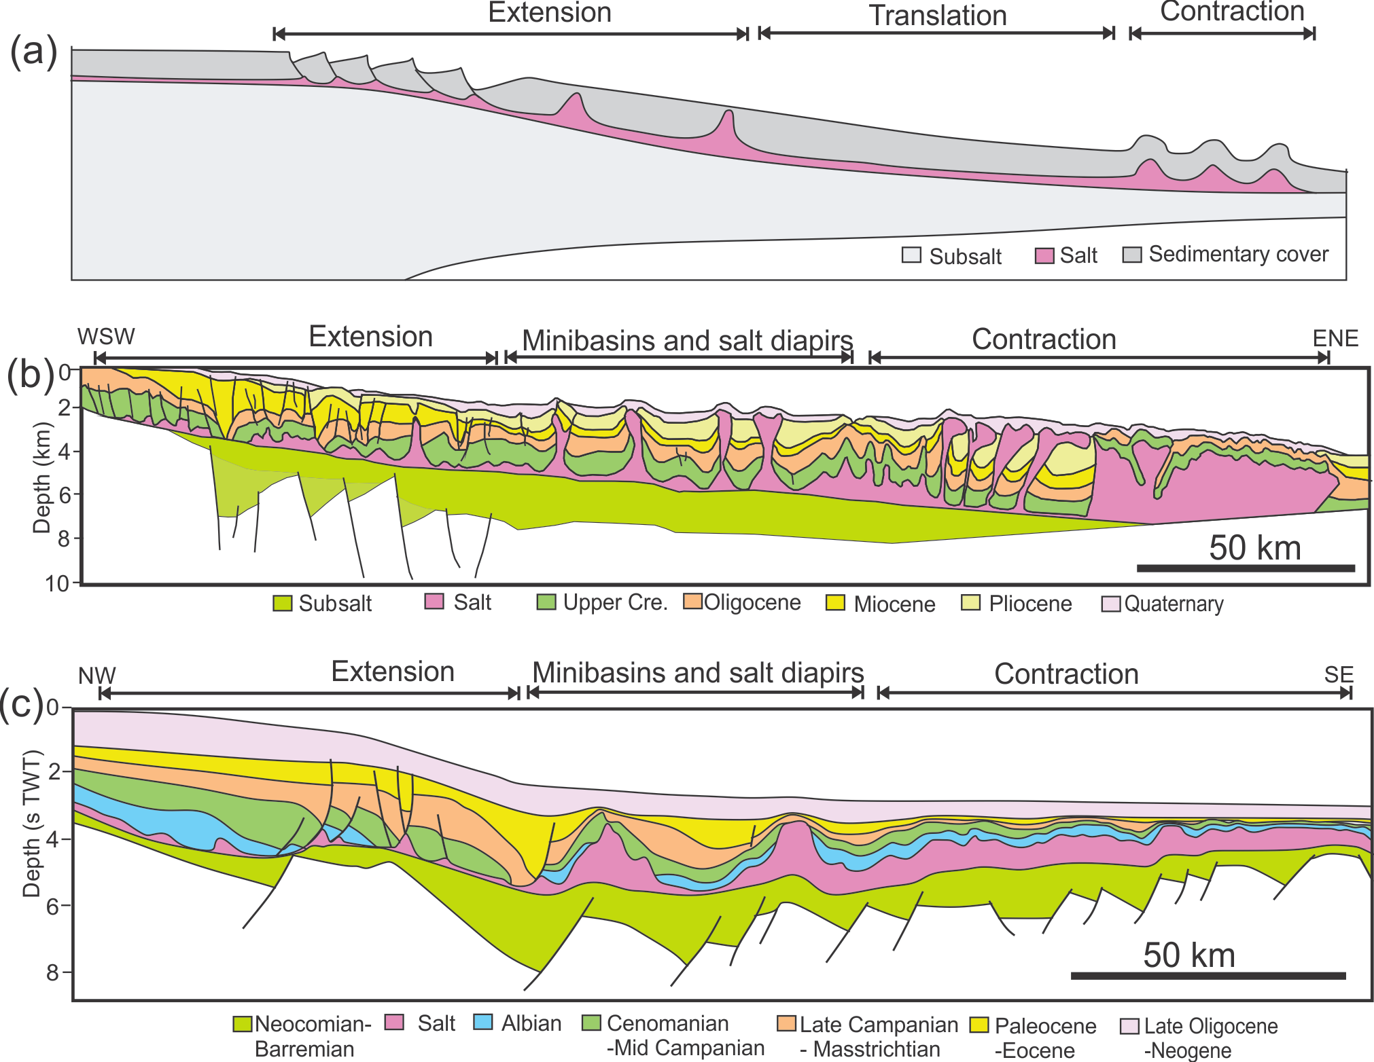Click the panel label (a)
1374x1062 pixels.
(x=33, y=52)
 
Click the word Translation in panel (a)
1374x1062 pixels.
(x=938, y=16)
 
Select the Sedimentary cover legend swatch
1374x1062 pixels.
(x=1131, y=255)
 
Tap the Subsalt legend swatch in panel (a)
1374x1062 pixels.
(x=911, y=255)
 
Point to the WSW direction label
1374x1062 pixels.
(x=106, y=337)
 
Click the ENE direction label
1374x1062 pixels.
(x=1335, y=338)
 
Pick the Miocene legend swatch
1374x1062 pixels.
(x=835, y=603)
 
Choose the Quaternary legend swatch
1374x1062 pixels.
(x=1110, y=604)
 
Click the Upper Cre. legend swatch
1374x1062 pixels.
(x=546, y=602)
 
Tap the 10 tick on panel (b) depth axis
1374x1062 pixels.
(x=57, y=583)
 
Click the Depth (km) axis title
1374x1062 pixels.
(x=42, y=477)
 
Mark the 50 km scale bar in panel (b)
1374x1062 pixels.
(x=1246, y=568)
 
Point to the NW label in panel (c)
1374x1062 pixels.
(x=96, y=676)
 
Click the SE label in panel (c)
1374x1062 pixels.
(x=1339, y=675)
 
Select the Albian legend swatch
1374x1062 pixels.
(x=482, y=1022)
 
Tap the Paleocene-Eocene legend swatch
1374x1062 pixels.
(x=979, y=1024)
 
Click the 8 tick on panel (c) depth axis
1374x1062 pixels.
(x=53, y=972)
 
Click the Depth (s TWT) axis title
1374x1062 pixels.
(x=32, y=824)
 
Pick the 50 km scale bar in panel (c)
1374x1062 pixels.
(x=1208, y=976)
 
